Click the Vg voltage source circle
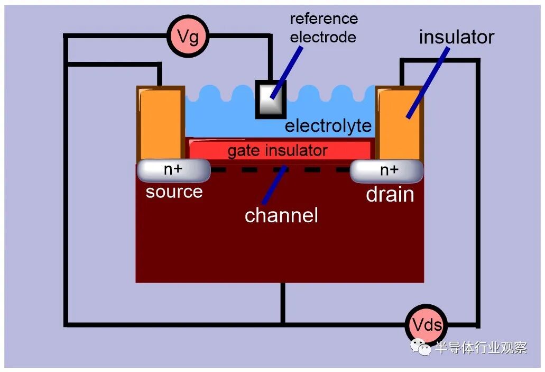(x=188, y=36)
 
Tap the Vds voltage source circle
(x=427, y=325)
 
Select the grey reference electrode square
(x=271, y=99)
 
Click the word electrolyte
(x=328, y=125)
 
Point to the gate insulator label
(x=278, y=151)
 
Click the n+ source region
(x=173, y=170)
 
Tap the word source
(x=174, y=192)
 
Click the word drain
(x=390, y=194)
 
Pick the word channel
(x=281, y=215)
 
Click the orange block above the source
(x=161, y=123)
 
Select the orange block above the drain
(x=399, y=123)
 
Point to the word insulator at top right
(x=456, y=37)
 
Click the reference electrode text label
(x=324, y=28)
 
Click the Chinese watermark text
(x=481, y=347)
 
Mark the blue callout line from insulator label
(x=428, y=83)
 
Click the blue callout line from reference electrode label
(x=287, y=72)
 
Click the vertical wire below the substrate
(x=283, y=303)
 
